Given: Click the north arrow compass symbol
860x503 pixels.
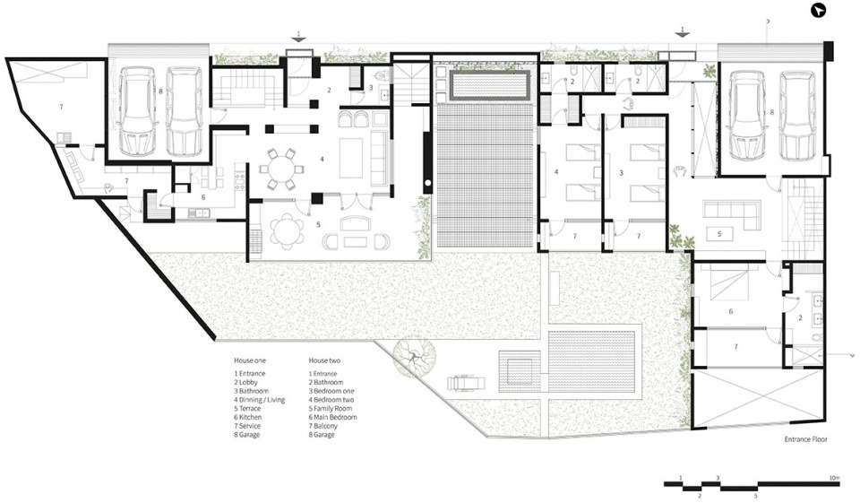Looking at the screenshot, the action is [818, 11].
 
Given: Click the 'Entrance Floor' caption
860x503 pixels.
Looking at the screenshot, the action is [805, 439].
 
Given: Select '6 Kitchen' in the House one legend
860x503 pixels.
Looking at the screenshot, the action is [248, 417].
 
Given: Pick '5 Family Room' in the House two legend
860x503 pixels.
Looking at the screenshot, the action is [331, 409].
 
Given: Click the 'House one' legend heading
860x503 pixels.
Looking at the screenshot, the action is [250, 360].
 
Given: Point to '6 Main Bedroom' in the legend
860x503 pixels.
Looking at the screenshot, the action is [332, 417].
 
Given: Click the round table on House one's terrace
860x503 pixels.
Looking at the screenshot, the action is [287, 231].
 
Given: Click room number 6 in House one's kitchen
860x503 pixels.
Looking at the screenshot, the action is [203, 197].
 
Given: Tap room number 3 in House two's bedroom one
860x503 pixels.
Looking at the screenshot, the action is [622, 173].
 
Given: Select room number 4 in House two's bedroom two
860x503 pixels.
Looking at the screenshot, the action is [556, 172].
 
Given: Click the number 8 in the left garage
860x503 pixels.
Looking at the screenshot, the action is [160, 91].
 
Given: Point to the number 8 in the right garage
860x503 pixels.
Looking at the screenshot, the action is [771, 113].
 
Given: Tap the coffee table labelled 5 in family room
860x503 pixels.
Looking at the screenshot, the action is [719, 233].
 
